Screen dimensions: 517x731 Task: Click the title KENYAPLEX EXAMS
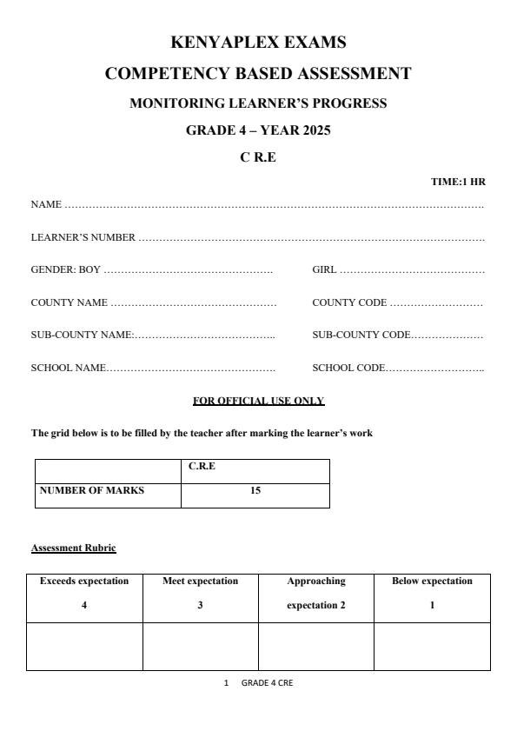pyautogui.click(x=258, y=42)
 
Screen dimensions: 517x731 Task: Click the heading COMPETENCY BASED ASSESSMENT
pyautogui.click(x=258, y=74)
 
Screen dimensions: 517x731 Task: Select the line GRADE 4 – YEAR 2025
pyautogui.click(x=258, y=131)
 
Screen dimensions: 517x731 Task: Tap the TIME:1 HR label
pyautogui.click(x=458, y=182)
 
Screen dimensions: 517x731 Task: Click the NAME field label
pyautogui.click(x=46, y=205)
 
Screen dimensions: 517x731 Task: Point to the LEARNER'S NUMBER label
pyautogui.click(x=83, y=237)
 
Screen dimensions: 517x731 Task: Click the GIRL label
pyautogui.click(x=324, y=270)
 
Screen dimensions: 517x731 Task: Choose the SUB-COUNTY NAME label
pyautogui.click(x=82, y=336)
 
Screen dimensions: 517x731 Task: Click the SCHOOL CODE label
pyautogui.click(x=348, y=369)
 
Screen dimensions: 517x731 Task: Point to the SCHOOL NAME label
pyautogui.click(x=69, y=369)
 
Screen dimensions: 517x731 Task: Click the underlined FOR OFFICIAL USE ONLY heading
pyautogui.click(x=258, y=401)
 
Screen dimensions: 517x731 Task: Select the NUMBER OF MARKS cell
pyautogui.click(x=92, y=490)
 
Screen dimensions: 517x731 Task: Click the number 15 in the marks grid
pyautogui.click(x=255, y=490)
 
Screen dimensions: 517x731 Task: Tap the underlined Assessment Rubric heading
pyautogui.click(x=74, y=548)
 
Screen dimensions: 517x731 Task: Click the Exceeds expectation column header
pyautogui.click(x=84, y=581)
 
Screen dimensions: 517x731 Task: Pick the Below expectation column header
pyautogui.click(x=432, y=581)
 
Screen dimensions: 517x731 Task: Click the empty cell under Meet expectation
pyautogui.click(x=200, y=647)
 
